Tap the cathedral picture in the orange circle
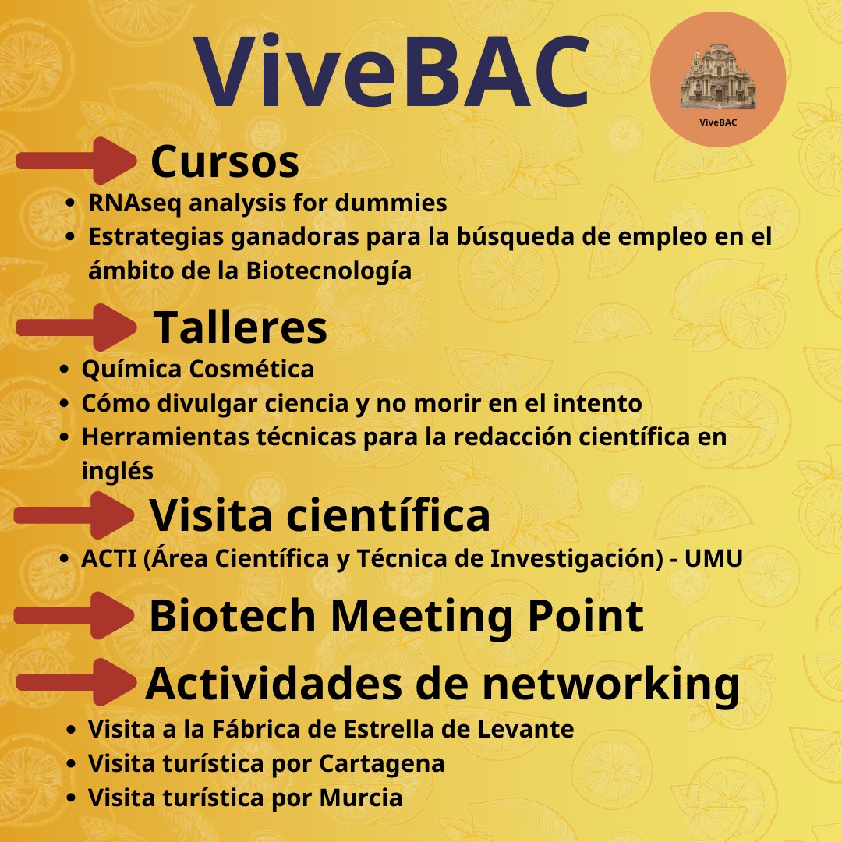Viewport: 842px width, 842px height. click(x=718, y=76)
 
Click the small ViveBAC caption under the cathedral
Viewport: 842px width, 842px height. click(x=718, y=121)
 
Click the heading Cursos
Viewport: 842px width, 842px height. click(x=225, y=161)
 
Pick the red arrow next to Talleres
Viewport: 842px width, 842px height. click(x=76, y=327)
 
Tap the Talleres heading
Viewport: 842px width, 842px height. click(x=240, y=327)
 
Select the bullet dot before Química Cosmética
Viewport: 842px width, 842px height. click(x=66, y=370)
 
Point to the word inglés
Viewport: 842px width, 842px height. click(x=117, y=470)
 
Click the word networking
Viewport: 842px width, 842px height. click(x=610, y=684)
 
